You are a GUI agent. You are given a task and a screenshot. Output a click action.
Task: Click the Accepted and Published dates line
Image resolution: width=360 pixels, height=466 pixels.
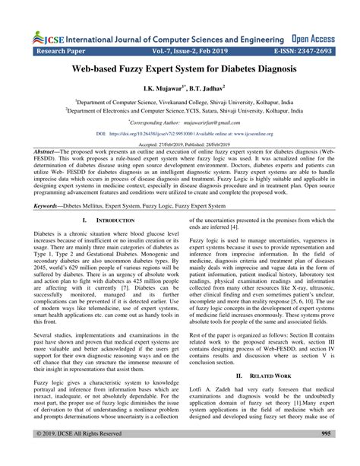pos(179,142)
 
